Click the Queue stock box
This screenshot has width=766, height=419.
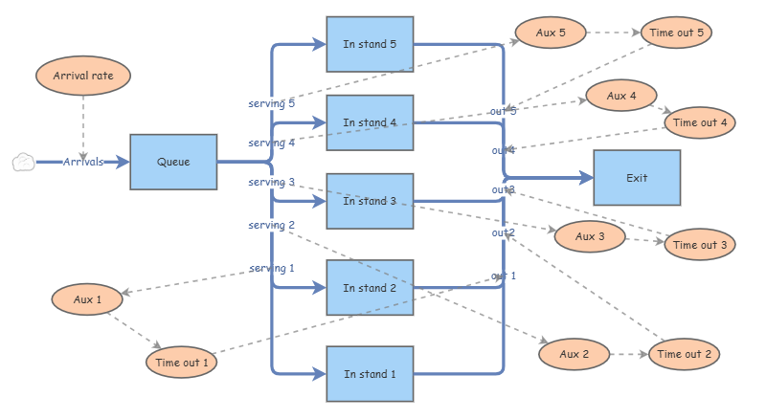(x=173, y=162)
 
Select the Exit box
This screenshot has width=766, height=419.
(x=637, y=178)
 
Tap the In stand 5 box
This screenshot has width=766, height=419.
(x=370, y=44)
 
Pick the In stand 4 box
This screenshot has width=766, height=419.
(x=370, y=122)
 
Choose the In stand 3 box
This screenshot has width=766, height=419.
(x=370, y=201)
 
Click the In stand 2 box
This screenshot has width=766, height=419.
(x=370, y=288)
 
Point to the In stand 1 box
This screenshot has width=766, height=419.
(x=370, y=374)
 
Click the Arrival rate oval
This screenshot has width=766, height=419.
(x=83, y=75)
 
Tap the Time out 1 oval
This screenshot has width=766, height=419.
(x=182, y=363)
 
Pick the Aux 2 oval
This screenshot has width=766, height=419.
(x=574, y=355)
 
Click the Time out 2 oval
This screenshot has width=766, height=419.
(x=684, y=355)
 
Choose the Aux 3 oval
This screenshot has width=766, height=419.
(x=589, y=236)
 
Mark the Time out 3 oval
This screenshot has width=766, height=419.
(x=700, y=245)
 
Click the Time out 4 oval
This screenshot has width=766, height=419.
(x=700, y=122)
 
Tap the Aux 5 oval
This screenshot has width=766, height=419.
(x=551, y=33)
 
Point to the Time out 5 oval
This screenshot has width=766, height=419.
(x=676, y=33)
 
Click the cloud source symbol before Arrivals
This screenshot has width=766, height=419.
(x=23, y=163)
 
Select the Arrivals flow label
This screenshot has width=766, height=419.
(x=83, y=163)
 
